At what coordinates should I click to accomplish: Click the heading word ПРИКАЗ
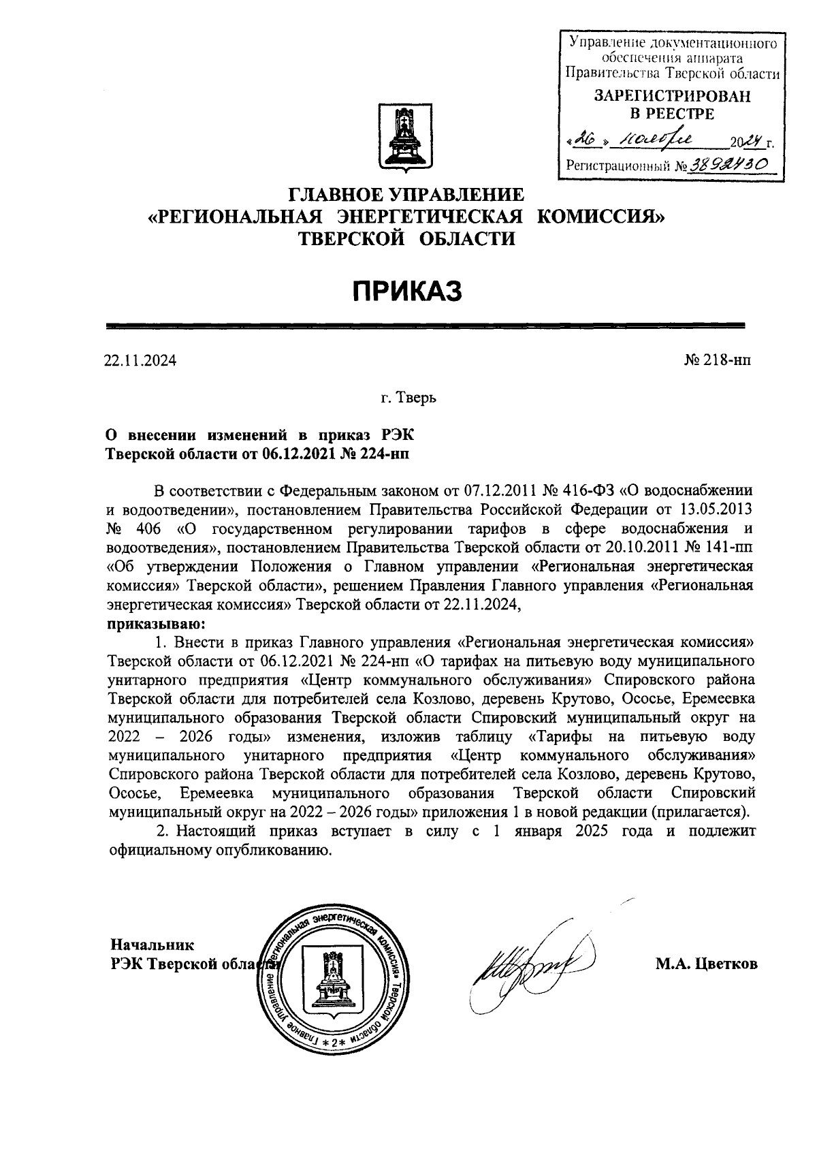click(x=407, y=291)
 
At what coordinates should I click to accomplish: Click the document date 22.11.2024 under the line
click(x=140, y=361)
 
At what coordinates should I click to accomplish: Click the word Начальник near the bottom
click(x=153, y=945)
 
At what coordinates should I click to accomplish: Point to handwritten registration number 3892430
click(x=729, y=164)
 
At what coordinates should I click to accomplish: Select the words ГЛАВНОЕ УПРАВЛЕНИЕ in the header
click(x=407, y=195)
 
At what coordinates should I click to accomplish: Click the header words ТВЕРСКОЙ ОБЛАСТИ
click(x=407, y=238)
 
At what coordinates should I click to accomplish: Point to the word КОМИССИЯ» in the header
click(x=600, y=217)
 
